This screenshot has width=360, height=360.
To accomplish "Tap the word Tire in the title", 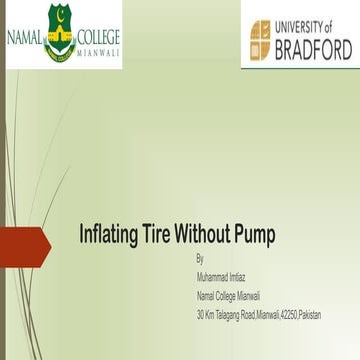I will click(x=157, y=238).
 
